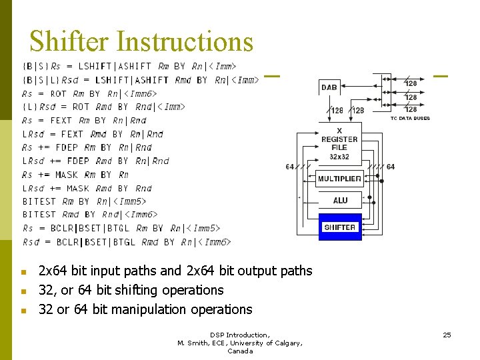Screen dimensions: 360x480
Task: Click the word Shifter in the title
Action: (x=69, y=41)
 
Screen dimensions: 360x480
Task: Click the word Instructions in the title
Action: (x=185, y=41)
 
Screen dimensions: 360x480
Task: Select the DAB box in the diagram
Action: (x=329, y=87)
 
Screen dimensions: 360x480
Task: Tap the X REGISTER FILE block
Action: (x=339, y=143)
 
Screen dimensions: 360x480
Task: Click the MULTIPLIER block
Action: (x=339, y=179)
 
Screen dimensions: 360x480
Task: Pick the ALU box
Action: (x=340, y=200)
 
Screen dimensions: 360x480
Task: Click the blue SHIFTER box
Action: (x=340, y=227)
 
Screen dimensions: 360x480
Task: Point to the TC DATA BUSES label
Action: (x=410, y=118)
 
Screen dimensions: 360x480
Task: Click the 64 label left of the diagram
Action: (x=290, y=166)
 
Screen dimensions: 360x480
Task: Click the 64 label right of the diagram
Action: (x=390, y=166)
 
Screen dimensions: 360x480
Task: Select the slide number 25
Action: (x=447, y=335)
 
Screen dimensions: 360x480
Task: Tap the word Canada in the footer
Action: (x=240, y=351)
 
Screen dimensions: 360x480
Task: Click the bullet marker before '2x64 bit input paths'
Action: (x=23, y=272)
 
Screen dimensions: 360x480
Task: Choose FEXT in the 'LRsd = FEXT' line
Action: (x=71, y=134)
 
